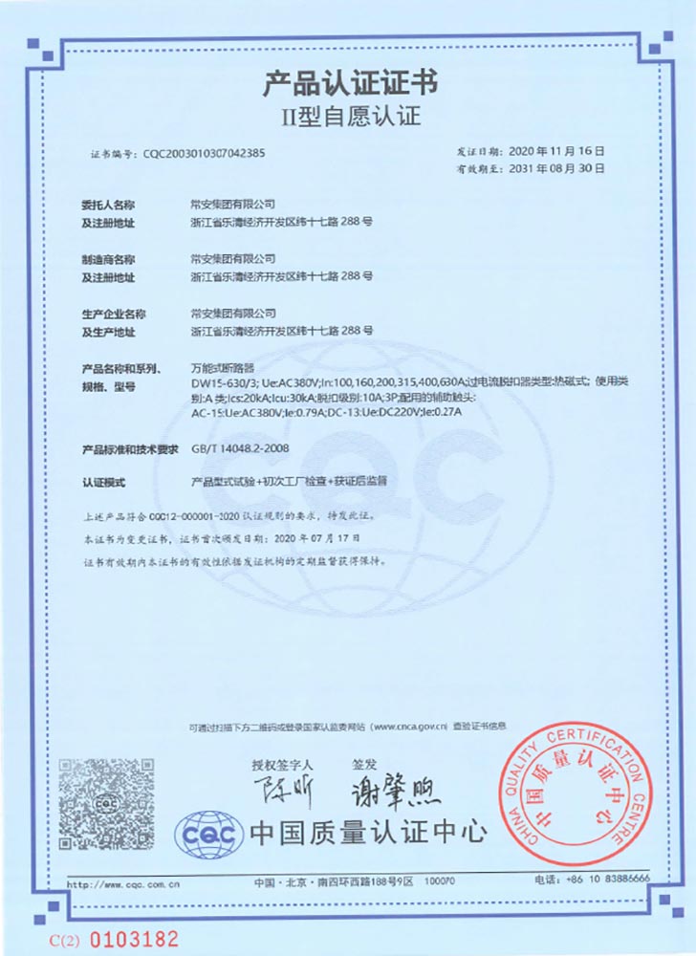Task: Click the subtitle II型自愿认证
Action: tap(350, 119)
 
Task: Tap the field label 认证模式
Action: tap(104, 483)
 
